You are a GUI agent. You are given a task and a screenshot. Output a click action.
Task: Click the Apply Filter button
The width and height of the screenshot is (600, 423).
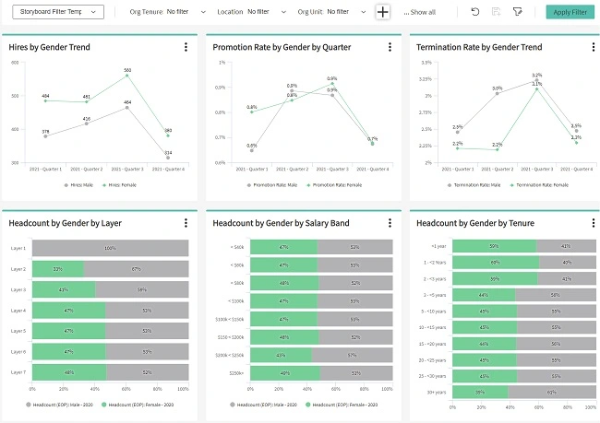[x=570, y=12]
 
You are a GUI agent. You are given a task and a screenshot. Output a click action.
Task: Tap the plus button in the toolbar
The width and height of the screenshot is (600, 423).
[x=383, y=12]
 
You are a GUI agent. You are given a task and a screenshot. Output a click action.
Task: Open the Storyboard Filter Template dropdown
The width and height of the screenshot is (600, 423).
[x=57, y=12]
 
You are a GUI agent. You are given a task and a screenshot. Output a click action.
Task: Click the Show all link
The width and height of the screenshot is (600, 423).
[x=420, y=12]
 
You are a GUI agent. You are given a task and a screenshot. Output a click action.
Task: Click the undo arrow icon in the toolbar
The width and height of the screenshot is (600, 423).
[x=474, y=12]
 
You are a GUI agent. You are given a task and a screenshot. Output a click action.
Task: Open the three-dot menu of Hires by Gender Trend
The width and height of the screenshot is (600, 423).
[x=186, y=47]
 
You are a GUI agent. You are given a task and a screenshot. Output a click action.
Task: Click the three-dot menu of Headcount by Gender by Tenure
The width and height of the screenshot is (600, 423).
[x=591, y=222]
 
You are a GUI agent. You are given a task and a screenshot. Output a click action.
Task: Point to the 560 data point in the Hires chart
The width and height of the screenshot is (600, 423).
[x=127, y=76]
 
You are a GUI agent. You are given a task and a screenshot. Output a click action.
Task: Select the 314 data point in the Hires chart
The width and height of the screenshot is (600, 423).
[x=168, y=158]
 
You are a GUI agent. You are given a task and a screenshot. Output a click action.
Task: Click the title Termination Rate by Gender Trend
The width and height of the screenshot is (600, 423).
[x=479, y=47]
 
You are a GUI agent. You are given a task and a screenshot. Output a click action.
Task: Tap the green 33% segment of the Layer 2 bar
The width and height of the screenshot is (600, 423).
[x=57, y=269]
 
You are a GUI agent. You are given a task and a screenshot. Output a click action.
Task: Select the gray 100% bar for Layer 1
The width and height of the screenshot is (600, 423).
[x=110, y=248]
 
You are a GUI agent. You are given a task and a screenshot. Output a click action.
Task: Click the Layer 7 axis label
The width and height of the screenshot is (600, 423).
[x=18, y=372]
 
